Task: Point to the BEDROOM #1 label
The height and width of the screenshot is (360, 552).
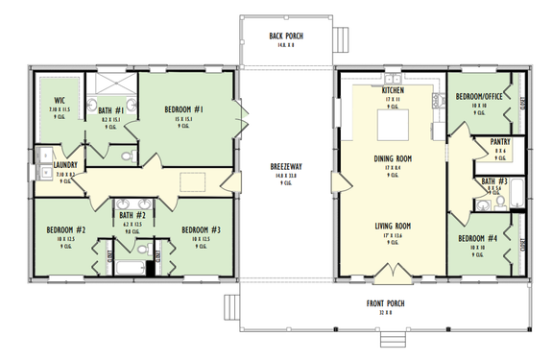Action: point(182,109)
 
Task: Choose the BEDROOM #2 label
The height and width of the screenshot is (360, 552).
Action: point(66,230)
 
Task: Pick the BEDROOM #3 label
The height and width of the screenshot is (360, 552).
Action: point(202,230)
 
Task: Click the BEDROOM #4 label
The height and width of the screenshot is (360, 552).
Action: point(477,238)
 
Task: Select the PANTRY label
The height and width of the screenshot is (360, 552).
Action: point(500,142)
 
